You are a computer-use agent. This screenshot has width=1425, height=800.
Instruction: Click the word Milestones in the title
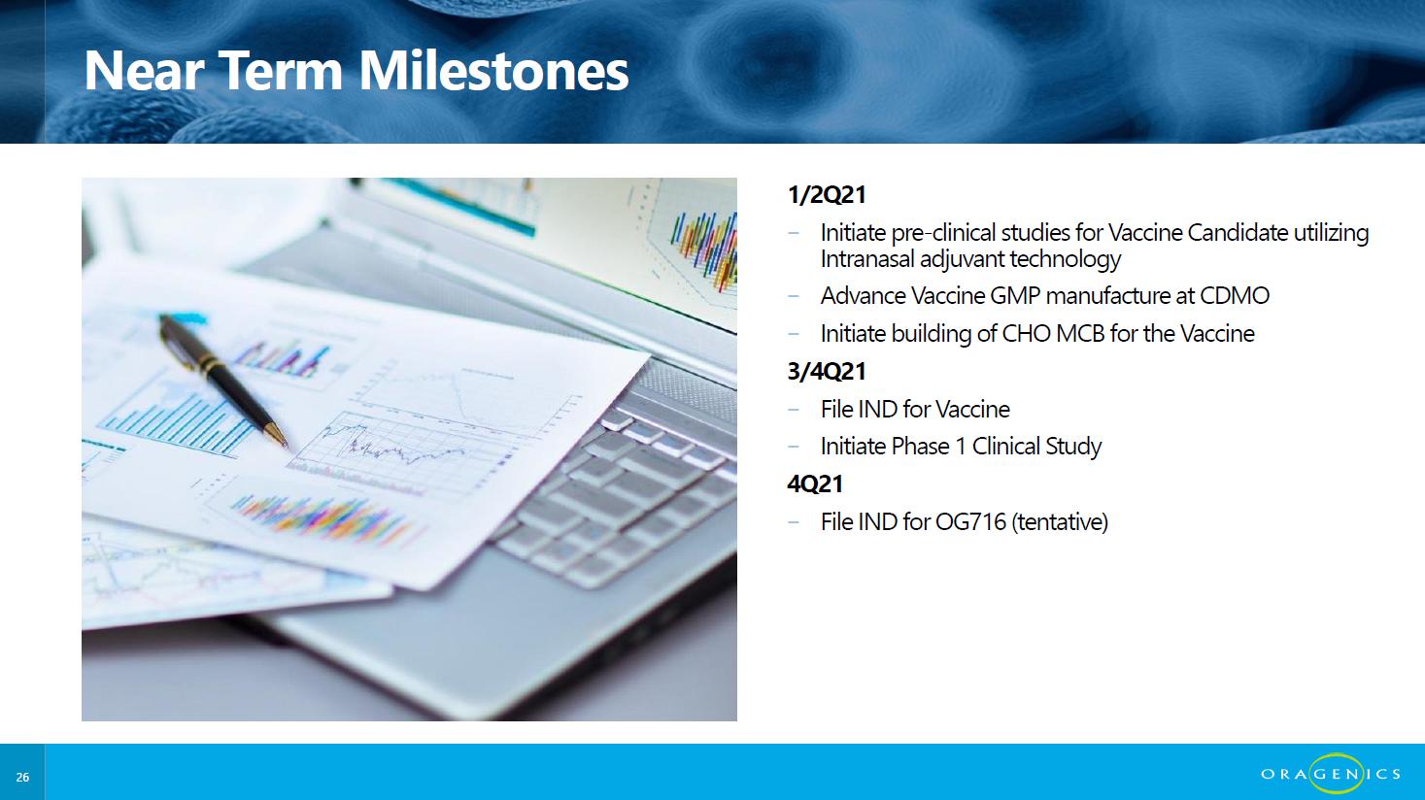coord(493,71)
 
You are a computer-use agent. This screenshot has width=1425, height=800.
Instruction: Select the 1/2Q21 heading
coord(827,194)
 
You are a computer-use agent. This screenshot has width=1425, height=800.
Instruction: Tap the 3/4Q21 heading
coord(827,372)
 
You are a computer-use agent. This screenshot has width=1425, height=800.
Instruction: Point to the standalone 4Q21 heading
coord(815,483)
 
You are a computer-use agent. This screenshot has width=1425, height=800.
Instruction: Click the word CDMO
coord(1235,296)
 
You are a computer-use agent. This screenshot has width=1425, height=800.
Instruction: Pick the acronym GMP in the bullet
coord(1015,296)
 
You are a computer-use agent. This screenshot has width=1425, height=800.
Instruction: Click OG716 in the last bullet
coord(970,522)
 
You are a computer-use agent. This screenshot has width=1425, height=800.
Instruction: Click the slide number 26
coord(22,777)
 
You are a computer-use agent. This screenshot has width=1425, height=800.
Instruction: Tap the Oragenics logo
coord(1331,773)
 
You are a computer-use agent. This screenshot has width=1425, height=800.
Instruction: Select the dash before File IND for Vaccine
coord(794,410)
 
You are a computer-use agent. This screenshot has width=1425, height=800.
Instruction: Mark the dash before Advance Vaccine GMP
coord(794,296)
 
